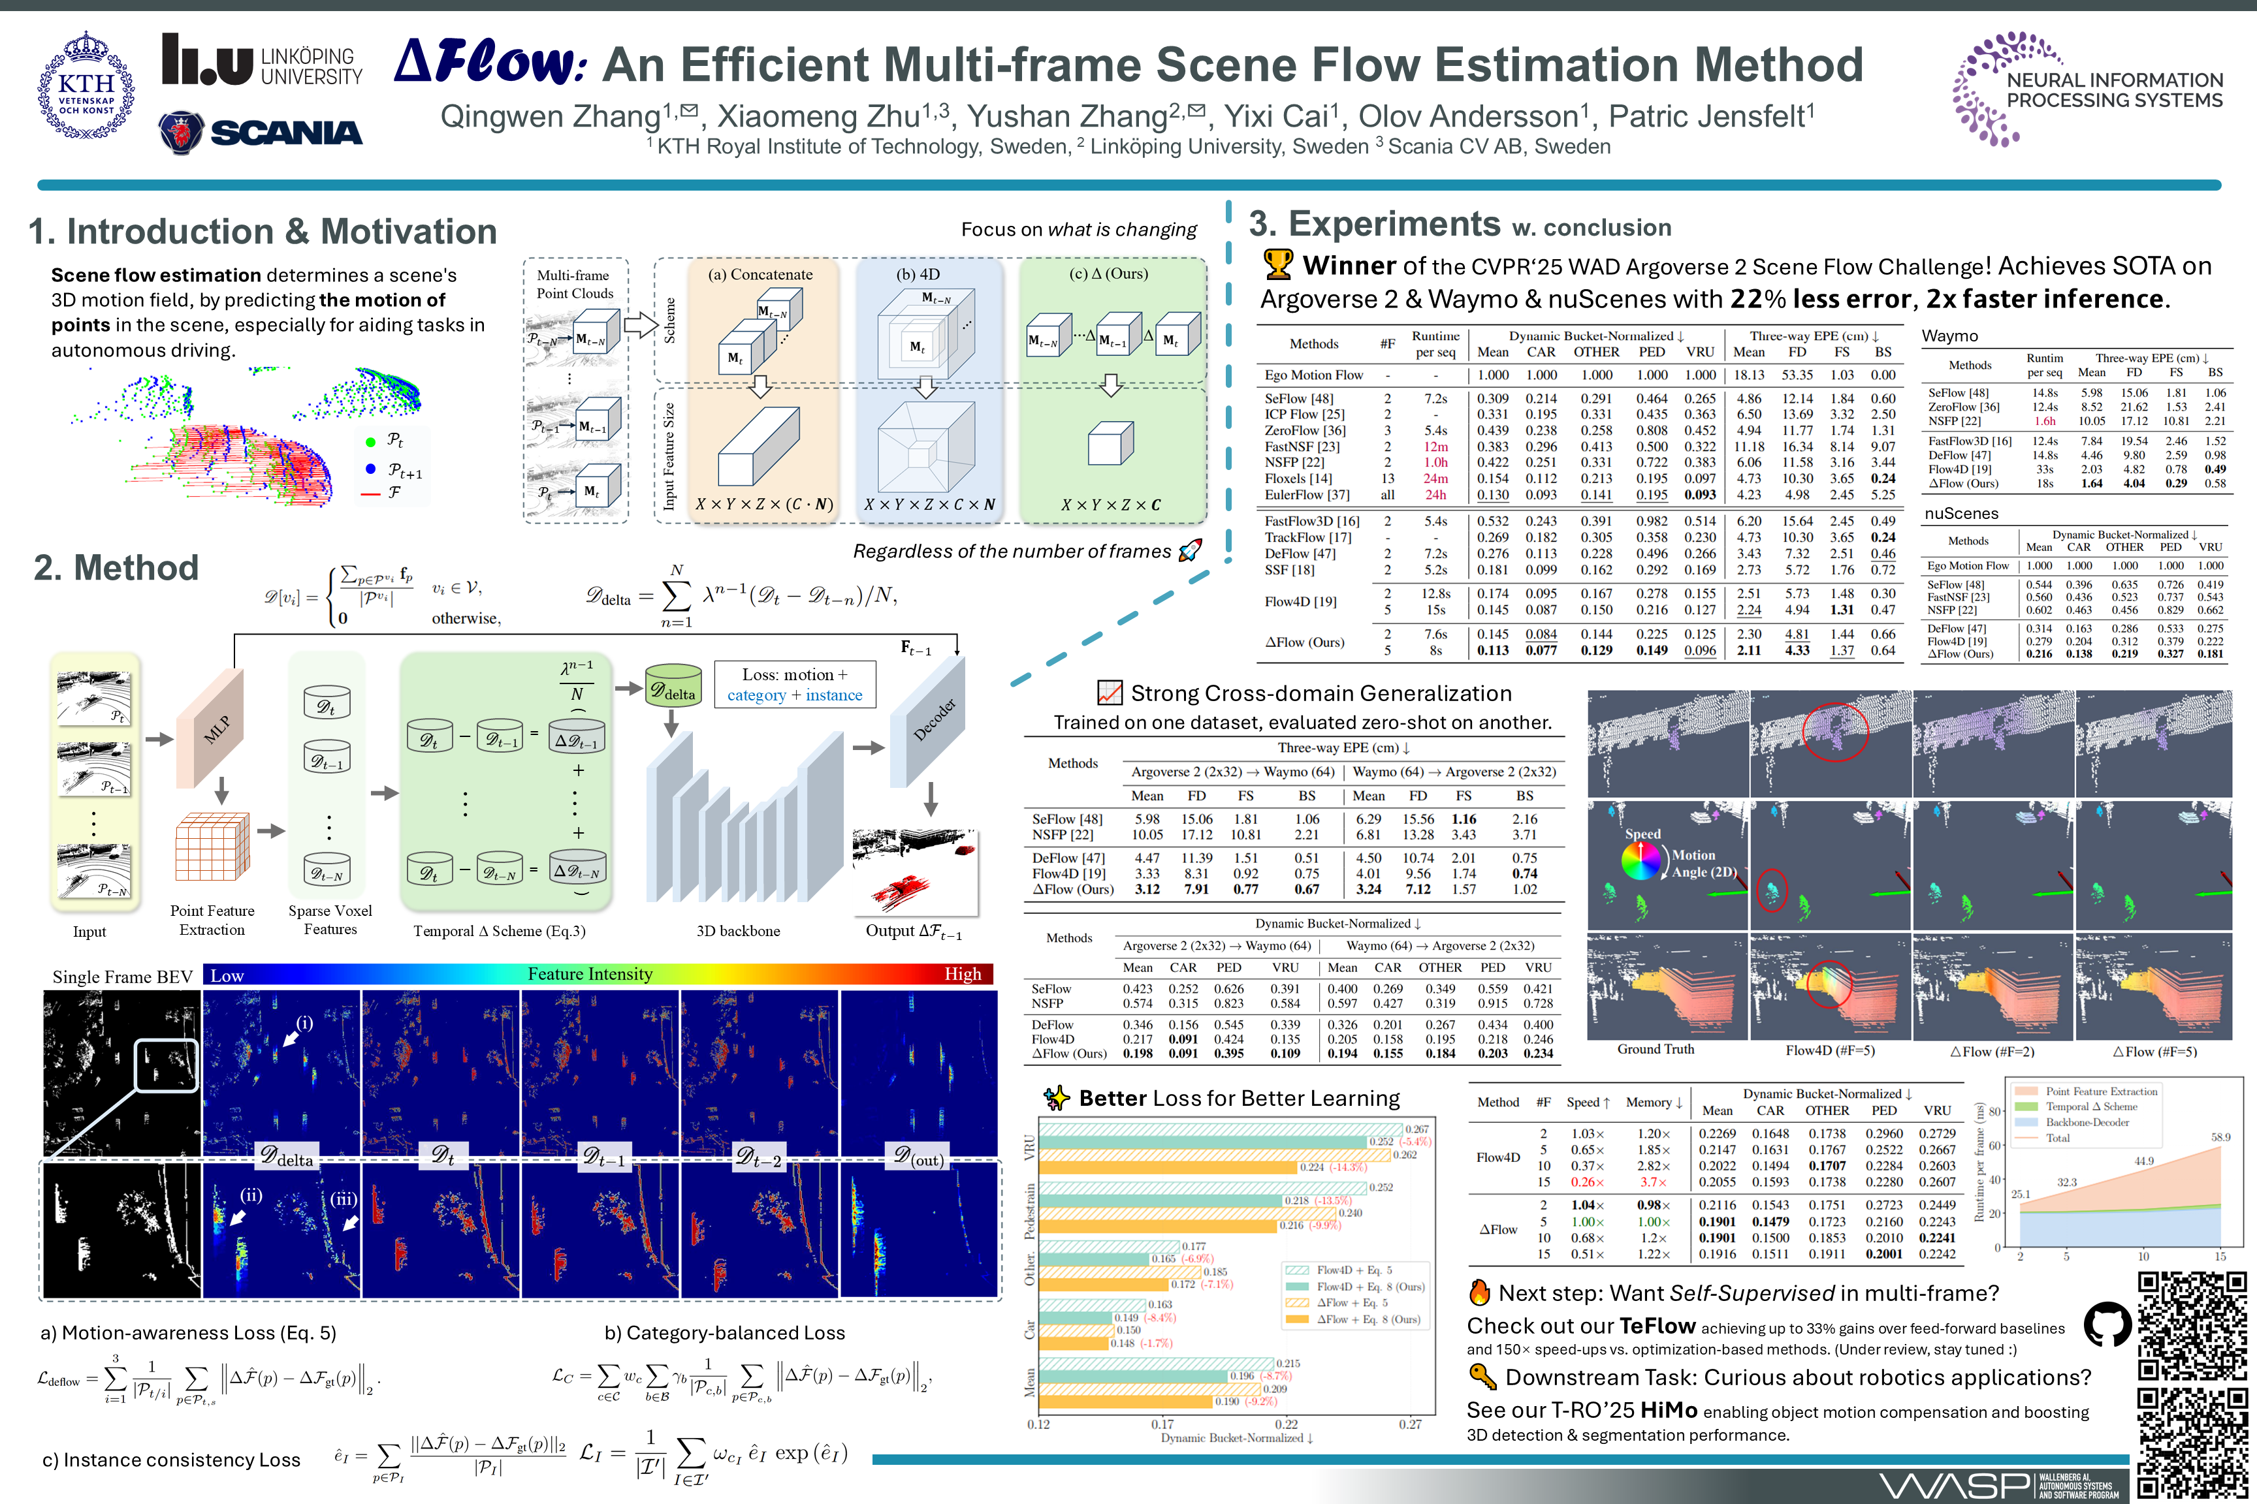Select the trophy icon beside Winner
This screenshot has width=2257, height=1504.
[x=1277, y=265]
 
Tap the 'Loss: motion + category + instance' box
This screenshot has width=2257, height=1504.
[x=795, y=685]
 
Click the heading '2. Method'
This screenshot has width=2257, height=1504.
[x=116, y=568]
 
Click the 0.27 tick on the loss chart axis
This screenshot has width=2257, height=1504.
[x=1410, y=1424]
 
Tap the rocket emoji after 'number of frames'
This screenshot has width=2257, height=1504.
[x=1190, y=550]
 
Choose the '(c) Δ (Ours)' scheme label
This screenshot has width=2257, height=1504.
[x=1108, y=274]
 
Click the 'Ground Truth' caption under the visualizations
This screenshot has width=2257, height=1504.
[x=1656, y=1050]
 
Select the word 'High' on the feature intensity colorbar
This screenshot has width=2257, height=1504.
[x=963, y=975]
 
